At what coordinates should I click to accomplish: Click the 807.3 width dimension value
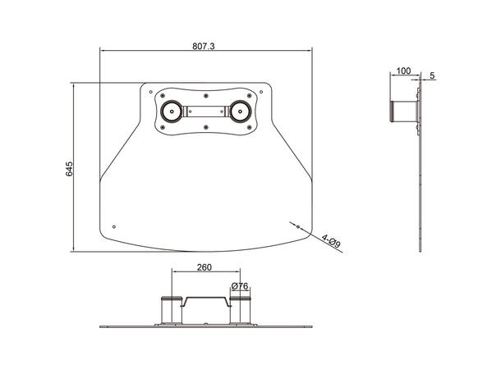pyautogui.click(x=203, y=47)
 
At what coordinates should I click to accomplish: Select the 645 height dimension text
pyautogui.click(x=70, y=168)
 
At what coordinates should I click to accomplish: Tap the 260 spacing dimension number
pyautogui.click(x=205, y=267)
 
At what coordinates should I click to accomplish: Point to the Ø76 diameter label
pyautogui.click(x=240, y=285)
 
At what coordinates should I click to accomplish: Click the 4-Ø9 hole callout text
pyautogui.click(x=330, y=241)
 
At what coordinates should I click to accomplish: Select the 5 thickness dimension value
pyautogui.click(x=432, y=75)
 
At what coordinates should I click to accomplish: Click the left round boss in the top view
pyautogui.click(x=170, y=111)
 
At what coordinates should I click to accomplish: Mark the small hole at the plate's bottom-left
pyautogui.click(x=114, y=226)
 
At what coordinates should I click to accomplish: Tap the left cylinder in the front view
pyautogui.click(x=171, y=311)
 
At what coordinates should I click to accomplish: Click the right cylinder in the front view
pyautogui.click(x=240, y=311)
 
